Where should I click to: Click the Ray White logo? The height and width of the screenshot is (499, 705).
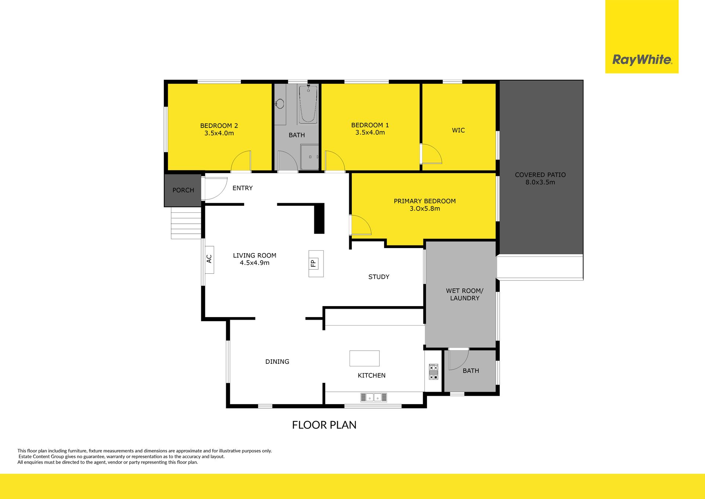point(642,60)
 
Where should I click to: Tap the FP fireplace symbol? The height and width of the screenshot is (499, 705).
point(316,263)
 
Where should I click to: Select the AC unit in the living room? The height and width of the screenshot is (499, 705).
point(209,259)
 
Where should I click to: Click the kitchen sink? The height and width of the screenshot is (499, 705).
point(373,397)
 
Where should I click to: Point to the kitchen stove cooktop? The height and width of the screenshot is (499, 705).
point(433,372)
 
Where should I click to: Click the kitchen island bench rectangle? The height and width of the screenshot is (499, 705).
point(364,358)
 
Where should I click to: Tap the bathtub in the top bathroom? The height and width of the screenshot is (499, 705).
point(308,104)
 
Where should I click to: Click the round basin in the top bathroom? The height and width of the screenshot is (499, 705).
point(280,104)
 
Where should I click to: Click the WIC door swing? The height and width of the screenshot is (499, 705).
point(431,154)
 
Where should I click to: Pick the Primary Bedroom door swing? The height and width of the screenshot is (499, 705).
point(361,225)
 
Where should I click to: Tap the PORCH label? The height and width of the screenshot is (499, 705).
point(183,190)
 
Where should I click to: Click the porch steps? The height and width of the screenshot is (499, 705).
point(186,223)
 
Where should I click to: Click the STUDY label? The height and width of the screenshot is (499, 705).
point(379,277)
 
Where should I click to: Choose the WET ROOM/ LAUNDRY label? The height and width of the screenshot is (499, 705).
point(464,294)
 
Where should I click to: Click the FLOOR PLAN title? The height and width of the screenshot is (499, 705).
point(324,425)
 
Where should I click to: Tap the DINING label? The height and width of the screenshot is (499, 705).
point(277,362)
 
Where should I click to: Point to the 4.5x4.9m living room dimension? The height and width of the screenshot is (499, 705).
point(254,263)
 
